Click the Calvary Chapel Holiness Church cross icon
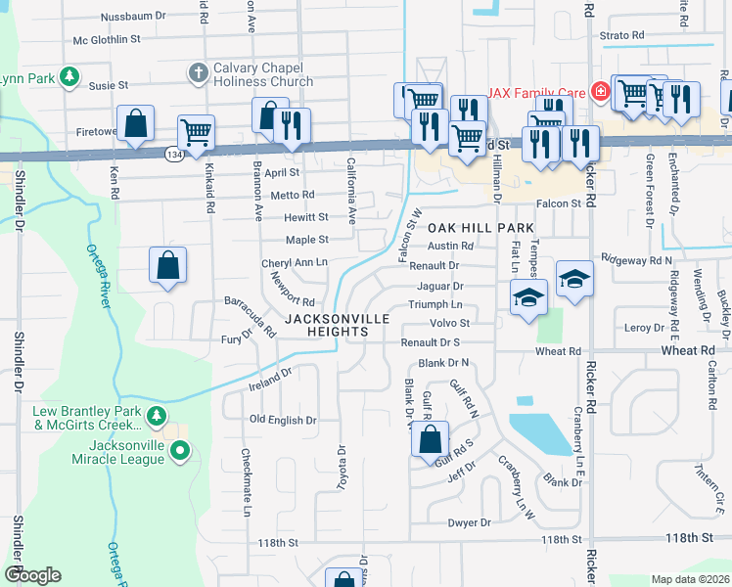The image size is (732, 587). (x=197, y=73)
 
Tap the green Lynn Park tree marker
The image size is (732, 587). (x=69, y=76)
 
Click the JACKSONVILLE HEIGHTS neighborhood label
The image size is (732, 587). (x=338, y=326)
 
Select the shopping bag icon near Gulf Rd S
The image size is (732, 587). (x=430, y=438)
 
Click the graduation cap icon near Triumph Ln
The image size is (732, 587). (x=528, y=297)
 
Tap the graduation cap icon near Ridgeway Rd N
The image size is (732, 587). (x=574, y=277)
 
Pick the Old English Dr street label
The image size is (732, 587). (x=284, y=420)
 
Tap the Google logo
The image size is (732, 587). (x=32, y=575)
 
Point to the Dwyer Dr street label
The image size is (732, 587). (x=469, y=523)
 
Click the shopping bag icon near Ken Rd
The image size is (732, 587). (x=137, y=124)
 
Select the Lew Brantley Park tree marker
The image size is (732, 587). (x=156, y=418)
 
